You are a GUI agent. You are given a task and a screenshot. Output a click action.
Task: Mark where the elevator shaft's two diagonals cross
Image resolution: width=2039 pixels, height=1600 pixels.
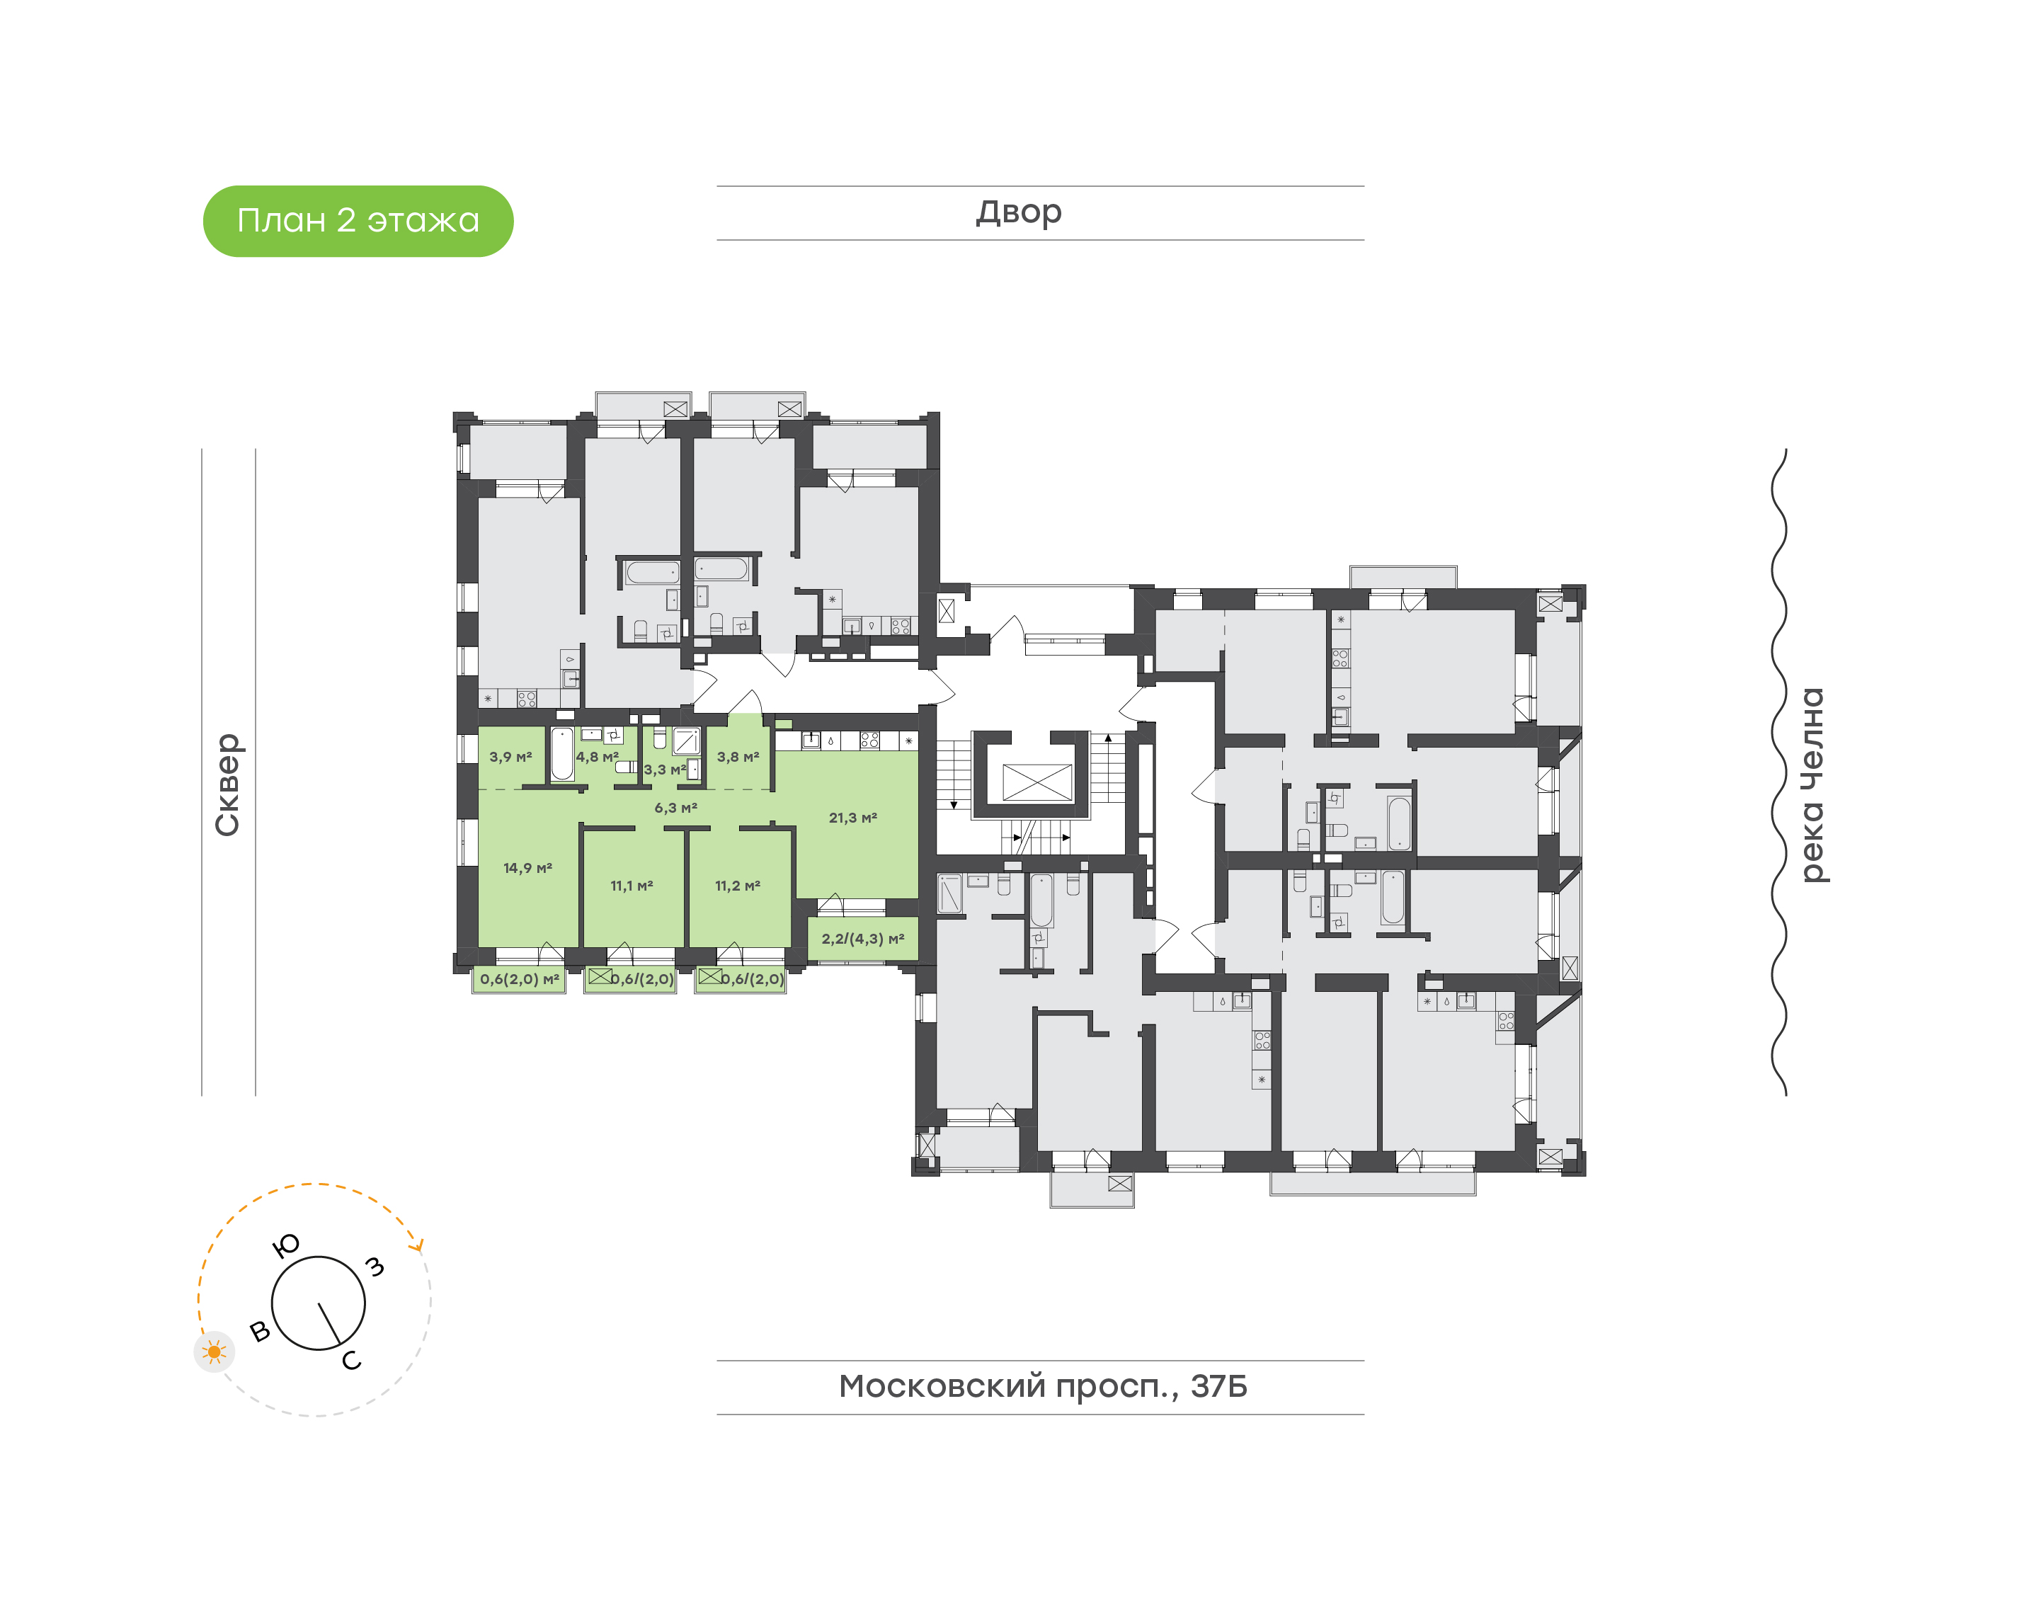[x=1036, y=782]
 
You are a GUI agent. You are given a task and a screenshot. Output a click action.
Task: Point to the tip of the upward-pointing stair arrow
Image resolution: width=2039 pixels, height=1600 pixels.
[x=1108, y=736]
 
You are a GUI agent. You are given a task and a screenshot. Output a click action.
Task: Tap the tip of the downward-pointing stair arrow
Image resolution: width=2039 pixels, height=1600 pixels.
[x=954, y=808]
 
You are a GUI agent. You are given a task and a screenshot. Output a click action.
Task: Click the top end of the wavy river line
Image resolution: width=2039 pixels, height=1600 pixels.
[x=1785, y=450]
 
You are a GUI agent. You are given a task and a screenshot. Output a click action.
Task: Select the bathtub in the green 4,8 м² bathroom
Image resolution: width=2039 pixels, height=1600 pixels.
[x=562, y=754]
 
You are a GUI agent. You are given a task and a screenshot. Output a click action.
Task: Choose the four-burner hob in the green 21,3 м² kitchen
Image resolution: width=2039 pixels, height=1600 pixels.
[x=869, y=740]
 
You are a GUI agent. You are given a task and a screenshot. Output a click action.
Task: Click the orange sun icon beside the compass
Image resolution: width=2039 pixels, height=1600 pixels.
[x=215, y=1352]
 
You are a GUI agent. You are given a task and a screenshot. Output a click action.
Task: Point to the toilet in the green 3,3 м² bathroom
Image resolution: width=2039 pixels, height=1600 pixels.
[x=659, y=739]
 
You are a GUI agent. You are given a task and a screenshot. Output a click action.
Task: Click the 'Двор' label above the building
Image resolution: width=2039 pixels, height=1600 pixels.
[x=1019, y=212]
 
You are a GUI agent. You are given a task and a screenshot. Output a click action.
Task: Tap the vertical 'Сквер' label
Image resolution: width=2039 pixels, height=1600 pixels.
[x=227, y=785]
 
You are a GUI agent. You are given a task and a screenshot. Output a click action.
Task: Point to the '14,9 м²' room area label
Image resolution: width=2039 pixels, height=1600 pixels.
[x=528, y=869]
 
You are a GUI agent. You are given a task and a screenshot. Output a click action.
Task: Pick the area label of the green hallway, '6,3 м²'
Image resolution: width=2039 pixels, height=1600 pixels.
[x=675, y=808]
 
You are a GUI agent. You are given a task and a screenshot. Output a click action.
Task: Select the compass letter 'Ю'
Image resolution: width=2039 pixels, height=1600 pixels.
[x=285, y=1245]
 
